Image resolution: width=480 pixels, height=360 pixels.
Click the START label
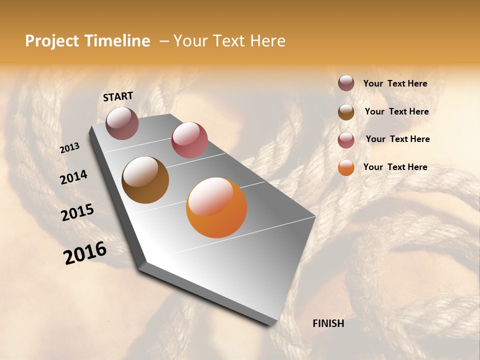[118, 96]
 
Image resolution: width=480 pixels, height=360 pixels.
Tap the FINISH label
[328, 323]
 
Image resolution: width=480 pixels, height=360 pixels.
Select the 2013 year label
[70, 147]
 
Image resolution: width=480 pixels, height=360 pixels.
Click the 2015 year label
[77, 212]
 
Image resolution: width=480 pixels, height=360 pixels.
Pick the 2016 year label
[85, 253]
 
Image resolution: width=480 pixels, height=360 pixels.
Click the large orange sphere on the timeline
[216, 207]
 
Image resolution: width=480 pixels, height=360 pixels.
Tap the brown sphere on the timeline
[145, 180]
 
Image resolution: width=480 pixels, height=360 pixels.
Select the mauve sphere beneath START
[122, 123]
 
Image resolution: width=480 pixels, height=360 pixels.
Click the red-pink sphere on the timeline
[189, 140]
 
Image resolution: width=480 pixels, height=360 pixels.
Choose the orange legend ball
[346, 167]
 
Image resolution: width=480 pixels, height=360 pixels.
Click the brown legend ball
[346, 112]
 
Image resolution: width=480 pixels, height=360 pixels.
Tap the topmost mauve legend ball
[346, 83]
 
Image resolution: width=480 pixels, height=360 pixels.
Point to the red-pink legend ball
[346, 140]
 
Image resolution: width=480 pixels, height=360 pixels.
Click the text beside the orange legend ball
[395, 167]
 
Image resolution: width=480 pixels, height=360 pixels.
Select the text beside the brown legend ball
[396, 111]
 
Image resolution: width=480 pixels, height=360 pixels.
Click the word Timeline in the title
[117, 41]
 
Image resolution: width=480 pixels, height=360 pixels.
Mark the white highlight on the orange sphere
[211, 196]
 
